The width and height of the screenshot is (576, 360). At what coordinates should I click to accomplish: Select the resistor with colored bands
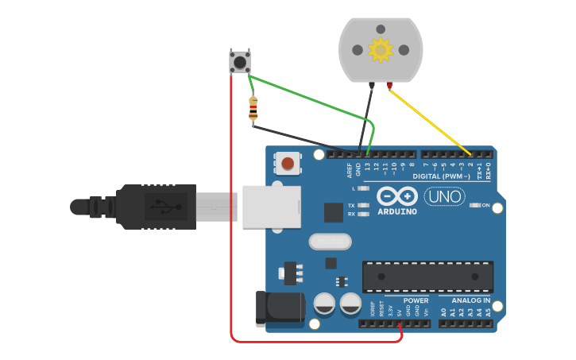pyautogui.click(x=253, y=109)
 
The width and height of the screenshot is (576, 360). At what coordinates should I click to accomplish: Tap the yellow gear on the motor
pyautogui.click(x=381, y=50)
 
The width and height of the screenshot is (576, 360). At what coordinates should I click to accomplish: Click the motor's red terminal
pyautogui.click(x=389, y=85)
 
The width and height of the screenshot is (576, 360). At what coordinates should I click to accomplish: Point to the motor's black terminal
pyautogui.click(x=371, y=85)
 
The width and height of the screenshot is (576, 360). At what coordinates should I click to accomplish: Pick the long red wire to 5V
pyautogui.click(x=231, y=238)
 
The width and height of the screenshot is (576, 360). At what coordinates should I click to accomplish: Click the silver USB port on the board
pyautogui.click(x=271, y=207)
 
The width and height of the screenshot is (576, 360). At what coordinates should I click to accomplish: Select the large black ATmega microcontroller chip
pyautogui.click(x=427, y=276)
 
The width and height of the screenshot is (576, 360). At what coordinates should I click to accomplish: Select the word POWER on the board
pyautogui.click(x=416, y=300)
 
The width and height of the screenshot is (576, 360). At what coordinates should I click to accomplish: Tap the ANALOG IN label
pyautogui.click(x=471, y=300)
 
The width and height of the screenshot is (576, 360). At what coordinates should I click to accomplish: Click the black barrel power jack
pyautogui.click(x=280, y=308)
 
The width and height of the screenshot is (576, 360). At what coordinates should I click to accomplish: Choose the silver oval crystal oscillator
pyautogui.click(x=330, y=241)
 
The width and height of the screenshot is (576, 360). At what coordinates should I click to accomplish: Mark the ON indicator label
pyautogui.click(x=485, y=205)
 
